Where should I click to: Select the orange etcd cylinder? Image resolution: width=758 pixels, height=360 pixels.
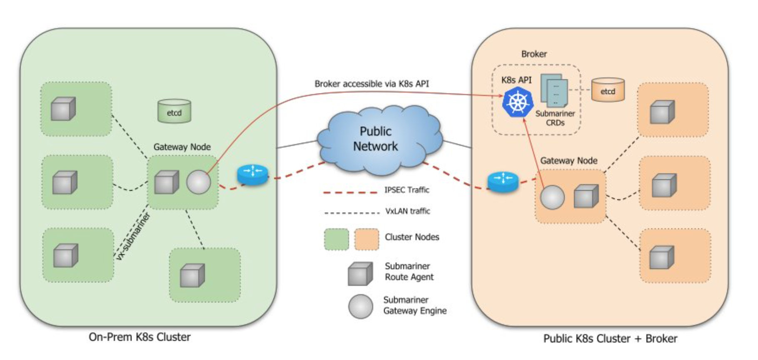[608, 90]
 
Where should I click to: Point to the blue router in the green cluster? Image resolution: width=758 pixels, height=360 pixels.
[252, 175]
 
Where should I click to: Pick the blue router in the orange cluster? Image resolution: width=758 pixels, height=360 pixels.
[503, 182]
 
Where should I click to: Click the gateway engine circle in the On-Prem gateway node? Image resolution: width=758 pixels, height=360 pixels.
[198, 182]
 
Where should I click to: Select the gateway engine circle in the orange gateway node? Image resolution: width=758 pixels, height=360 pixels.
[552, 197]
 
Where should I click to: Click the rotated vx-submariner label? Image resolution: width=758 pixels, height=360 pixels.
[133, 236]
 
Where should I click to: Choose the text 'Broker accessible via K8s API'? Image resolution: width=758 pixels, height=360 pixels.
[372, 84]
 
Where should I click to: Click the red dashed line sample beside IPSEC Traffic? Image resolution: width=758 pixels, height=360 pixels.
[350, 192]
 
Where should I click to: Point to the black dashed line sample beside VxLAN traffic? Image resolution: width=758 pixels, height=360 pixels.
[352, 213]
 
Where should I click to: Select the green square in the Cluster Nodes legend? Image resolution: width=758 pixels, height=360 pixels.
[337, 240]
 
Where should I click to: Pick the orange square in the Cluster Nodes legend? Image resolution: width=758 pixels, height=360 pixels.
[367, 240]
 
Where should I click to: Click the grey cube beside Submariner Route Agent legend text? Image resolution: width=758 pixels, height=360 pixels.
[360, 274]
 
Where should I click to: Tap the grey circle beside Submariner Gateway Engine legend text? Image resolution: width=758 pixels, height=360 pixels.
[361, 307]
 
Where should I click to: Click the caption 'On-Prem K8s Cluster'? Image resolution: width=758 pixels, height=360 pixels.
[140, 337]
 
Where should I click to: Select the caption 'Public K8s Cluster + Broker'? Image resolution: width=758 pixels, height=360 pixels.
[610, 338]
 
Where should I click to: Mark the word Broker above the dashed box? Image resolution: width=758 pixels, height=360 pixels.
[534, 54]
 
